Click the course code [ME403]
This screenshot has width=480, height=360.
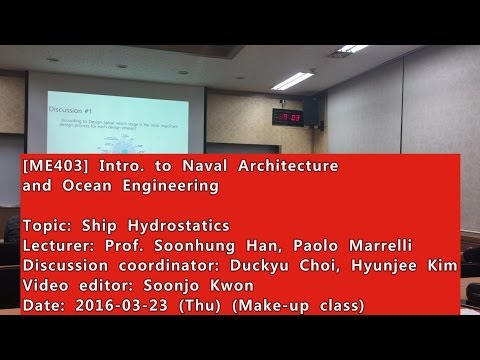pyautogui.click(x=50, y=165)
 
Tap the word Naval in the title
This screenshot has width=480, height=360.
pyautogui.click(x=189, y=165)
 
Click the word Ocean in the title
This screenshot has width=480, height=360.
pyautogui.click(x=90, y=186)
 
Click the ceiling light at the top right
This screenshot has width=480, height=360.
pyautogui.click(x=352, y=47)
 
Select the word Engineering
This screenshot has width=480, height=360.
pyautogui.click(x=176, y=186)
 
